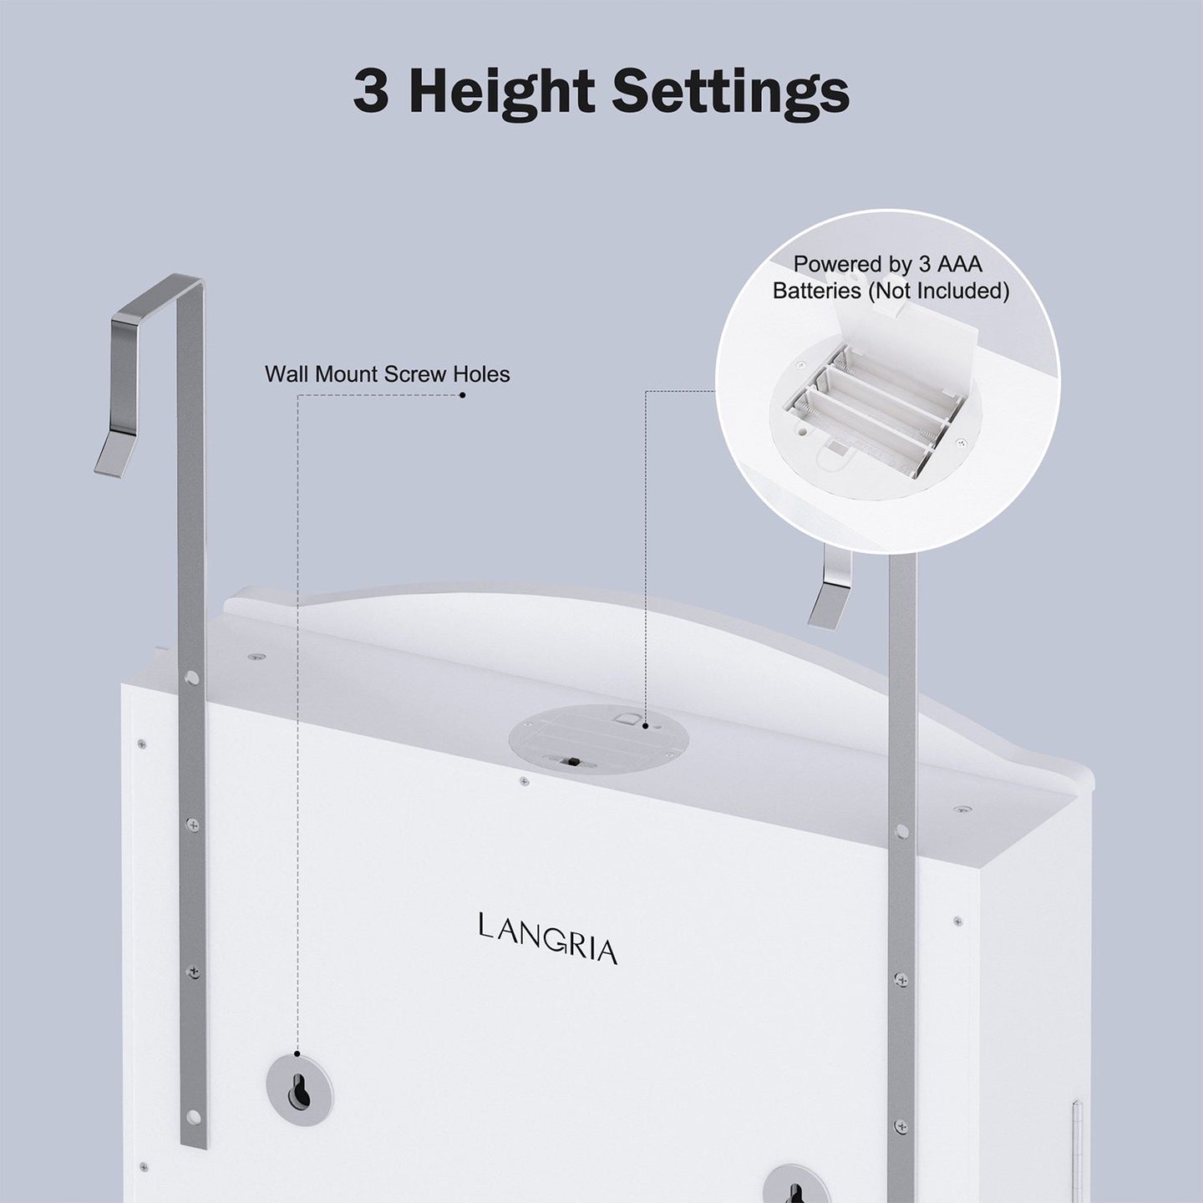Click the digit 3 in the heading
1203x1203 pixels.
(x=372, y=92)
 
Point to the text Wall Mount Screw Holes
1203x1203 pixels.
(x=387, y=374)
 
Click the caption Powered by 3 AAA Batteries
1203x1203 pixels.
(x=891, y=277)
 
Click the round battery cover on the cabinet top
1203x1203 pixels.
(x=599, y=738)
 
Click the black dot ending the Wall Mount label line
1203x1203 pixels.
(x=462, y=395)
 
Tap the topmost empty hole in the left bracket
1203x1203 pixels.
(x=191, y=678)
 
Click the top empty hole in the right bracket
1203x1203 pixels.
(x=901, y=830)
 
